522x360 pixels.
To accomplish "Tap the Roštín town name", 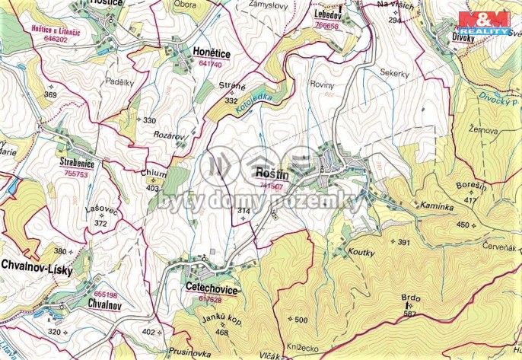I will (x=273, y=172).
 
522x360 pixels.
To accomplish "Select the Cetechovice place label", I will (x=212, y=290).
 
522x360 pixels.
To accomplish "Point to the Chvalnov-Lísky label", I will (x=37, y=265).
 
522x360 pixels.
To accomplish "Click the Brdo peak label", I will (x=412, y=298).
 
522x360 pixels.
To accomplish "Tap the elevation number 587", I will (x=412, y=314).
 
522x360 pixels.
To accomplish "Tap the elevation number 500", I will (x=301, y=319).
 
